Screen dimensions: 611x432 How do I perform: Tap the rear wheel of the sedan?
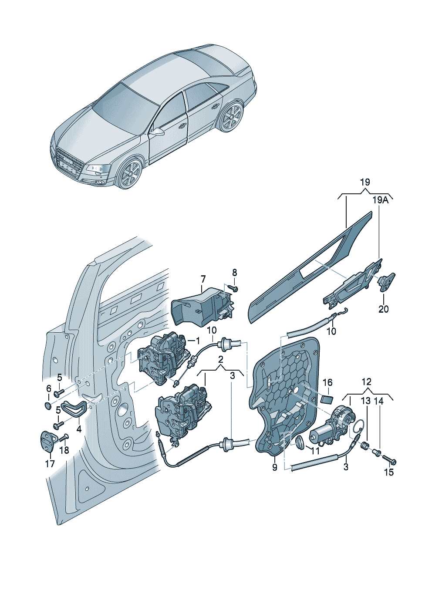(231, 117)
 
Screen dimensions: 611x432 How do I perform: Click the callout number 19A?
(380, 200)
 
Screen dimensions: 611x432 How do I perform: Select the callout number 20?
(383, 309)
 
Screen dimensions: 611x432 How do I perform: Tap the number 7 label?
(202, 278)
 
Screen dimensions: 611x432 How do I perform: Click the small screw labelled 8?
(232, 288)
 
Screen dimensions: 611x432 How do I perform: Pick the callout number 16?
(327, 382)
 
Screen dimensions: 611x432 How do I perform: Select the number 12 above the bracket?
(367, 382)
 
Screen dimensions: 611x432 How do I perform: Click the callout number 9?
(274, 467)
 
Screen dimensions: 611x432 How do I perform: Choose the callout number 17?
(50, 464)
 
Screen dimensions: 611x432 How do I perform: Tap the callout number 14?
(379, 401)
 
